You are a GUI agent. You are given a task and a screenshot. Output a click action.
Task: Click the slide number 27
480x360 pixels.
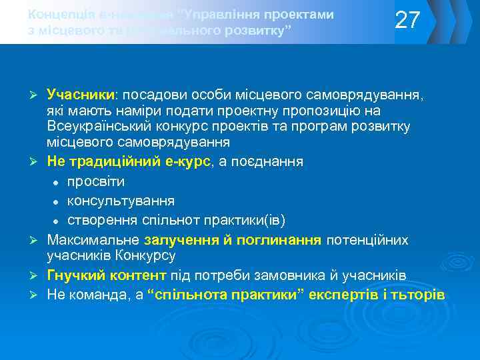(x=408, y=21)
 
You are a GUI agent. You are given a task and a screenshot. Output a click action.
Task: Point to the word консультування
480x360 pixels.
(x=121, y=201)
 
